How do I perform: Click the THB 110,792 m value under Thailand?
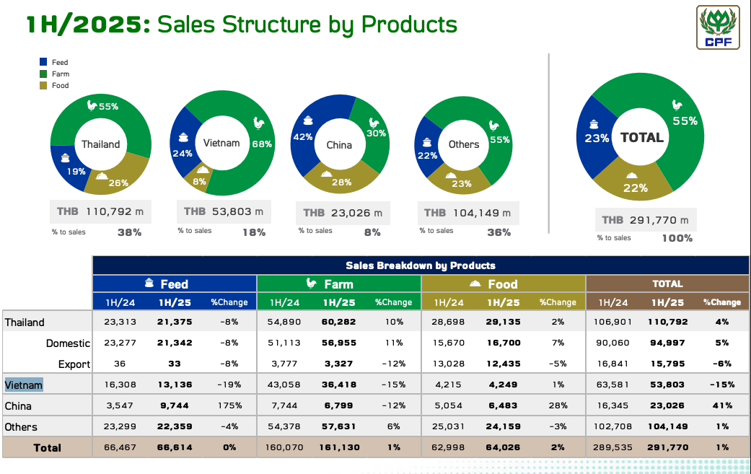pyautogui.click(x=101, y=212)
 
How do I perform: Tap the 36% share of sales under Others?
pyautogui.click(x=499, y=232)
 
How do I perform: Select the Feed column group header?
pyautogui.click(x=175, y=284)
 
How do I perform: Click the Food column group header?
pyautogui.click(x=503, y=284)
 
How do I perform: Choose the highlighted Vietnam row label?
pyautogui.click(x=24, y=385)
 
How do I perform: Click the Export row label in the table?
pyautogui.click(x=74, y=364)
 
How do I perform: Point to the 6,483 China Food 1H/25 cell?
pyautogui.click(x=503, y=406)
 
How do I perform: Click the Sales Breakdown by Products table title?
pyautogui.click(x=421, y=265)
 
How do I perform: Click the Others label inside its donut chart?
pyautogui.click(x=464, y=144)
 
